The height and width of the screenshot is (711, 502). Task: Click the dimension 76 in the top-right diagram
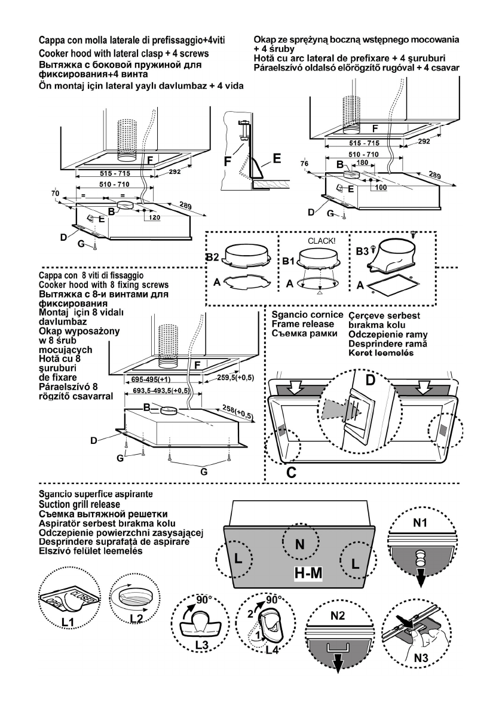click(x=305, y=165)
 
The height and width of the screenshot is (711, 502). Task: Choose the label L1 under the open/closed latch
click(x=58, y=624)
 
